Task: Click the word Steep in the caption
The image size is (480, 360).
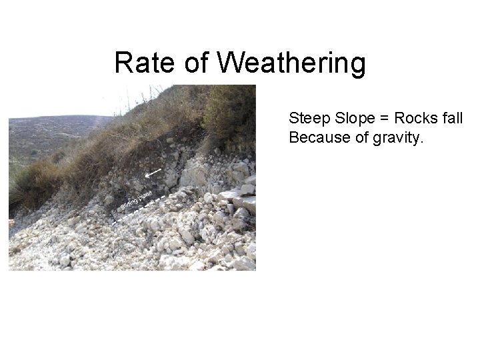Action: pyautogui.click(x=306, y=119)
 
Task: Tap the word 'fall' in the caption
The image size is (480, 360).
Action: pyautogui.click(x=451, y=119)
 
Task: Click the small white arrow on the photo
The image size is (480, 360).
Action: pyautogui.click(x=153, y=173)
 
